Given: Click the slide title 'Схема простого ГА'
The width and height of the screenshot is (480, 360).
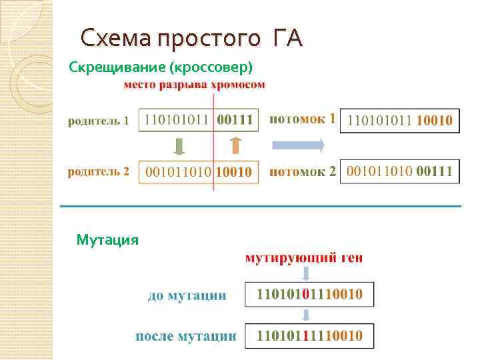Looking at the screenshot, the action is tap(191, 38).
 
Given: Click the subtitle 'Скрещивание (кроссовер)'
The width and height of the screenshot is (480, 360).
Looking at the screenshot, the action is tap(161, 67).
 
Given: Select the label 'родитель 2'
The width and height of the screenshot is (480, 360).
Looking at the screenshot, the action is tap(98, 171).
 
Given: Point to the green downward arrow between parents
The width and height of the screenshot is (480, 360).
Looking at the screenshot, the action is tap(179, 146).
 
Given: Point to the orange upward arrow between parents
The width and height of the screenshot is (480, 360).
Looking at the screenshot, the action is tap(234, 146).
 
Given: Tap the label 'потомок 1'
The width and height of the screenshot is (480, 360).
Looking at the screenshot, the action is tap(302, 119).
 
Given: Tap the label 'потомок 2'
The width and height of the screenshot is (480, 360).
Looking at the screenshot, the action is tap(302, 171).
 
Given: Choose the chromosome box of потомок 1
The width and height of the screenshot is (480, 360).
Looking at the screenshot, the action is tap(399, 121).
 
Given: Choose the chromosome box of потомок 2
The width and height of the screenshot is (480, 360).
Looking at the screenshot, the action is tap(399, 171).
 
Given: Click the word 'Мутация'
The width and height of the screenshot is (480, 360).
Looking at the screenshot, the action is tap(107, 239).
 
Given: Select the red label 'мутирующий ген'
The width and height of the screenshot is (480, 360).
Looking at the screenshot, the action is tap(304, 257).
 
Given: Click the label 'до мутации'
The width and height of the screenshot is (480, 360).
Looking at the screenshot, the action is tap(187, 295).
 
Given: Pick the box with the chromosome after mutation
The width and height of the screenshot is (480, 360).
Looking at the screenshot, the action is tap(309, 335).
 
